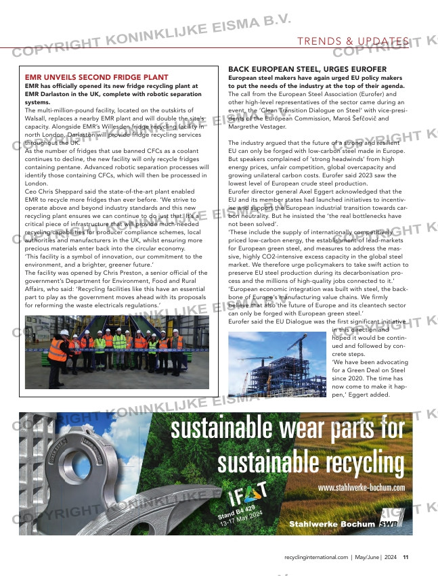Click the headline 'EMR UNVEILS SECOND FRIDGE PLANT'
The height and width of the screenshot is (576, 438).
coord(96,78)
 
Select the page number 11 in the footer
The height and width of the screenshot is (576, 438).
coord(406,558)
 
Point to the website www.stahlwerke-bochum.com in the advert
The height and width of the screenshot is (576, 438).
coord(361,487)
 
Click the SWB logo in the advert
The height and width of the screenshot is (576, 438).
coord(390,523)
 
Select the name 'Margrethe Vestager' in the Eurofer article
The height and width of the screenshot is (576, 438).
coord(257,127)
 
